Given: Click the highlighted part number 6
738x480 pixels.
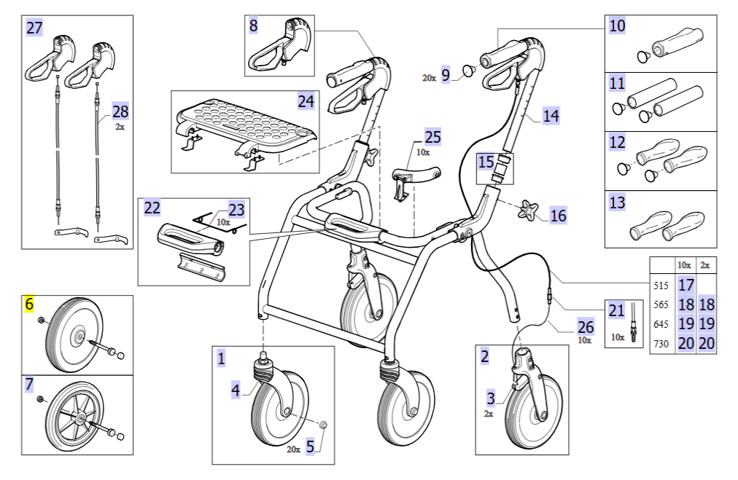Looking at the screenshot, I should pyautogui.click(x=30, y=304).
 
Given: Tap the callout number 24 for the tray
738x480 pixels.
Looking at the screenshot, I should pyautogui.click(x=306, y=101).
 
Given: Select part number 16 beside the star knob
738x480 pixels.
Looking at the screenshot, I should pyautogui.click(x=558, y=216).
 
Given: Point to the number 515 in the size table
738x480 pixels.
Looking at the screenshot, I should pyautogui.click(x=661, y=286).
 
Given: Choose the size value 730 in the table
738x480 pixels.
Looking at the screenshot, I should pyautogui.click(x=661, y=344).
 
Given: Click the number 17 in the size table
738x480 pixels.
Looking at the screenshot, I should pyautogui.click(x=685, y=286).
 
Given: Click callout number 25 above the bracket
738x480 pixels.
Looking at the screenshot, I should pyautogui.click(x=432, y=137).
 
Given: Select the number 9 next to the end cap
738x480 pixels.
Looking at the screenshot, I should pyautogui.click(x=446, y=74).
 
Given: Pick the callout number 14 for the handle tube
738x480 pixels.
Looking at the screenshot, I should pyautogui.click(x=551, y=115).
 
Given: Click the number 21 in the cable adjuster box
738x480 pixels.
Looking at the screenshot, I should pyautogui.click(x=616, y=311).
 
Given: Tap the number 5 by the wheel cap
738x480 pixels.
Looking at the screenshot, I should pyautogui.click(x=310, y=446).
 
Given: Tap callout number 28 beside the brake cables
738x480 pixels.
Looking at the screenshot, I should pyautogui.click(x=120, y=111).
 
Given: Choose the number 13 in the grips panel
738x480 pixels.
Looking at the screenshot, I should pyautogui.click(x=617, y=202).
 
